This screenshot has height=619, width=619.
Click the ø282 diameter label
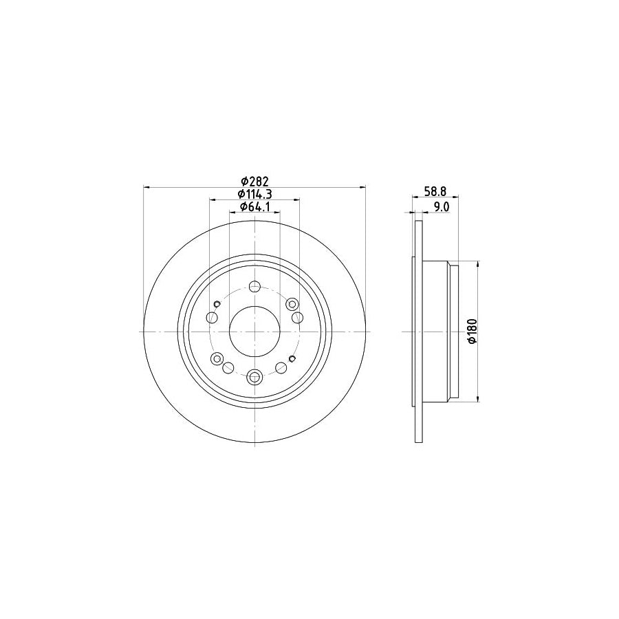254,182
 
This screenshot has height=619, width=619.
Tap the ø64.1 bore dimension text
254,207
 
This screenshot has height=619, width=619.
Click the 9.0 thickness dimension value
442,206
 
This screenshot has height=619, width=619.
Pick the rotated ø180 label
471,331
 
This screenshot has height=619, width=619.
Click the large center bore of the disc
254,332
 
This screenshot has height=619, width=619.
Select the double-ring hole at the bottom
254,376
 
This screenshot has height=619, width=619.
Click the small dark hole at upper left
217,304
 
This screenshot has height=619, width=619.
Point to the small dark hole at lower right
292,358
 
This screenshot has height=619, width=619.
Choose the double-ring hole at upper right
292,304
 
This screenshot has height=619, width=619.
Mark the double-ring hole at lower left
217,358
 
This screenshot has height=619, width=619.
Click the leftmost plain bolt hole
212,318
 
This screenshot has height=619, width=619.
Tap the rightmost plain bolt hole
297,318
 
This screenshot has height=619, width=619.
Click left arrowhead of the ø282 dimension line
146,187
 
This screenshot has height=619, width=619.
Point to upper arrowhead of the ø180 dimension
477,265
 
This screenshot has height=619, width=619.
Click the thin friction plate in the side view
417,331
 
